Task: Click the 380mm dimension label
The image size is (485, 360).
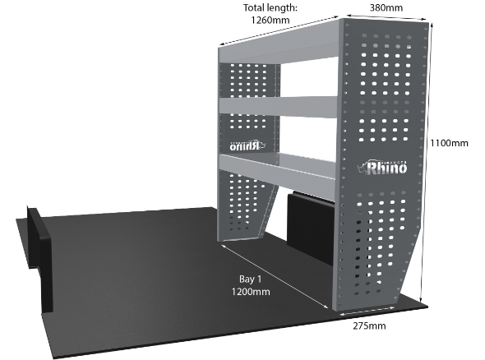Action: coord(386,7)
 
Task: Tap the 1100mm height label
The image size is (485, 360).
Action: coord(449,143)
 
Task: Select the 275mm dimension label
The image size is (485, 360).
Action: coord(369,325)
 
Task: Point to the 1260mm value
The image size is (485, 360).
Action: coord(270,20)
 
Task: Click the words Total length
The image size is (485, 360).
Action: coord(270,7)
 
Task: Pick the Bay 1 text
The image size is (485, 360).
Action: coord(250,279)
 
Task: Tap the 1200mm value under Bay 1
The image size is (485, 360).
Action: coord(251,292)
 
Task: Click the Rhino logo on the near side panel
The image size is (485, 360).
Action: coord(382,168)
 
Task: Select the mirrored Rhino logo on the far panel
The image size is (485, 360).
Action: coord(247,145)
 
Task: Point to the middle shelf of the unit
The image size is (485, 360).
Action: coord(278,107)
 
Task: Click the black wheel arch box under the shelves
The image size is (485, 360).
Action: coord(310,228)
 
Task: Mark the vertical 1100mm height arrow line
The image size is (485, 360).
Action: coord(426,163)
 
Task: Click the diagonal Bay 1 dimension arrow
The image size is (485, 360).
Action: coord(275,276)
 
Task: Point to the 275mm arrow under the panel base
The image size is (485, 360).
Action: coord(367,311)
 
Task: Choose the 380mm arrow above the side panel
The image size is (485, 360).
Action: coord(387,17)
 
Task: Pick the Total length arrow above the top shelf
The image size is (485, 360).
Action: coord(279,30)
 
